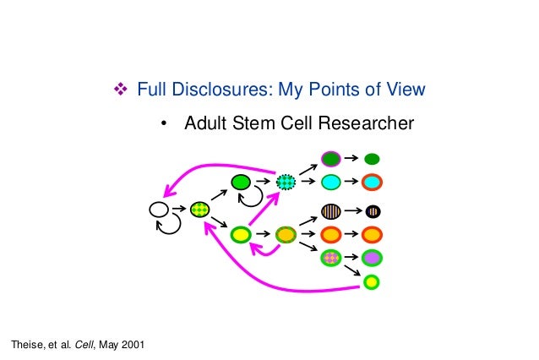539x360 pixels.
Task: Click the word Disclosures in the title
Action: [x=206, y=89]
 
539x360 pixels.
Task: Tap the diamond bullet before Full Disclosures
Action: [x=119, y=89]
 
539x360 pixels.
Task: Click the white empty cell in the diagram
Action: [x=158, y=209]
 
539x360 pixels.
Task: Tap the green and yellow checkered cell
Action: [x=200, y=209]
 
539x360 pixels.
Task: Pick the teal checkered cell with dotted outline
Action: [x=286, y=181]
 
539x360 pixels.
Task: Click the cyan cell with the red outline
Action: [x=372, y=182]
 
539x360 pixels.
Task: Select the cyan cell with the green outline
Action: [x=330, y=182]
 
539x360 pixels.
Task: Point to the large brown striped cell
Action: [x=330, y=211]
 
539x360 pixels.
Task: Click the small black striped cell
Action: [x=372, y=211]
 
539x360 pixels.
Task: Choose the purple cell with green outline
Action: [x=372, y=258]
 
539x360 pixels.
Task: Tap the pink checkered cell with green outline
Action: [x=330, y=257]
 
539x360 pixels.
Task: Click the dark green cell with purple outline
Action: [x=330, y=159]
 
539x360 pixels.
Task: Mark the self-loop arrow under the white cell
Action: [x=170, y=225]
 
